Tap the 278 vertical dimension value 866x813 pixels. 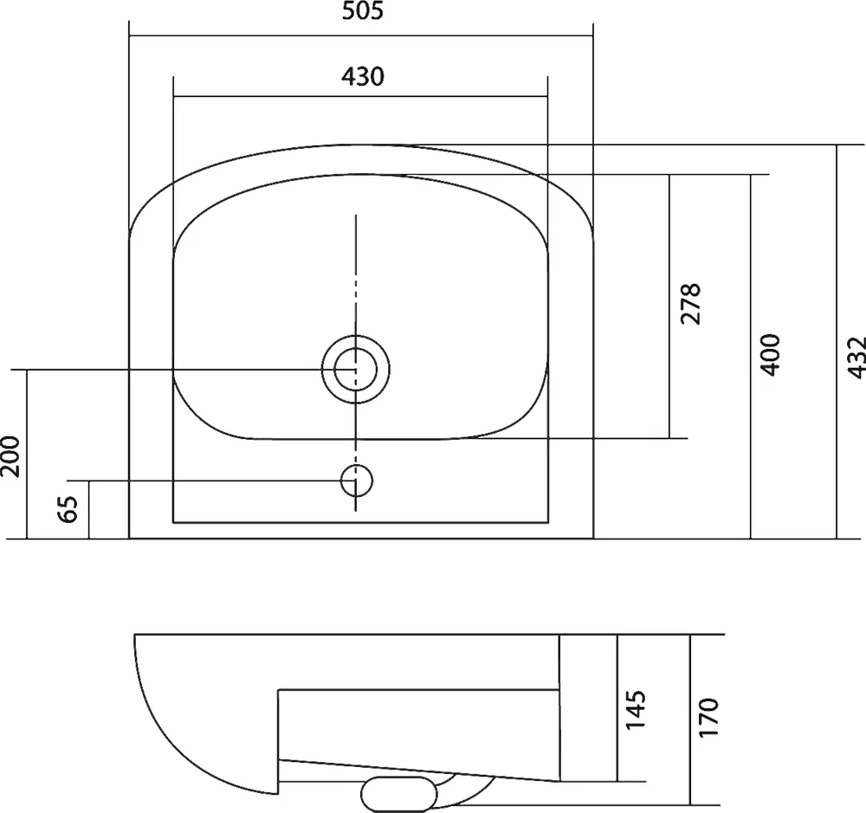coord(691,303)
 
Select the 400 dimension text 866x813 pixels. coord(771,352)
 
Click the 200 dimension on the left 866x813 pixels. coord(10,455)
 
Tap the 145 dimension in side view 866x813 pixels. coord(637,710)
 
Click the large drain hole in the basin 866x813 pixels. coord(355,370)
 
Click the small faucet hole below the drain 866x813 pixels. coord(355,480)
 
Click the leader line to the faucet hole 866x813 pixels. coord(208,480)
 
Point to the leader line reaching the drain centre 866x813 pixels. coord(173,370)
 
